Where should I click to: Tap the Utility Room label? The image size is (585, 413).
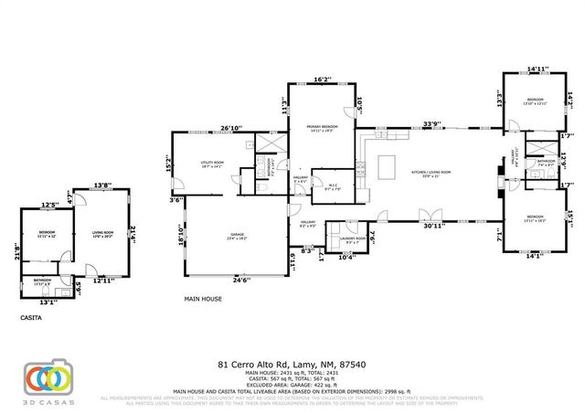[212, 164]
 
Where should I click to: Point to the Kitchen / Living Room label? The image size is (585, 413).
[431, 172]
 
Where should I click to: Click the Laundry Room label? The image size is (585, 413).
[353, 238]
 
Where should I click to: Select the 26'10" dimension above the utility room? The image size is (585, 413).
[233, 128]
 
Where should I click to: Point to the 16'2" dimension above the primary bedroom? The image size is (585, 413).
[323, 79]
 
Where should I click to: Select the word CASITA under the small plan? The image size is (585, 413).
[30, 317]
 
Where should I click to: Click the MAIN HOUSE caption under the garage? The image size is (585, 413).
[204, 298]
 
